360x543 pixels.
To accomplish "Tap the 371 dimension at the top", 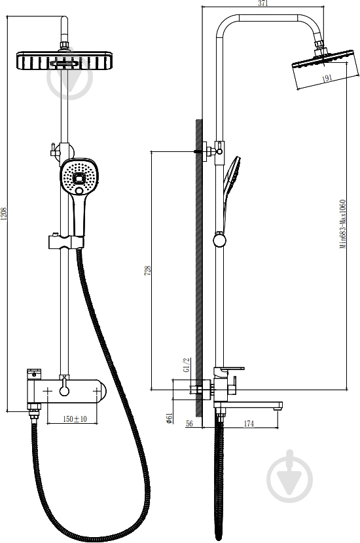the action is (x=263, y=3).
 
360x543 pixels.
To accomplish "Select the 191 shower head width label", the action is (x=327, y=79).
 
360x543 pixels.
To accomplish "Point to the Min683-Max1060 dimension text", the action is (x=342, y=224).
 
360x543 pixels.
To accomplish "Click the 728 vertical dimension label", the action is (x=147, y=271).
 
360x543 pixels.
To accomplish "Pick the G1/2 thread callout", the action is (x=186, y=365).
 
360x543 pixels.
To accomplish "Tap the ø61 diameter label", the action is (x=170, y=419).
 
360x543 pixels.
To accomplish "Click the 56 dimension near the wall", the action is (x=189, y=423).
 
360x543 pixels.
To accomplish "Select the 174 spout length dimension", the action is (x=249, y=423).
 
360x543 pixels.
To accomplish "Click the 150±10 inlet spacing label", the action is (x=75, y=419).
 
